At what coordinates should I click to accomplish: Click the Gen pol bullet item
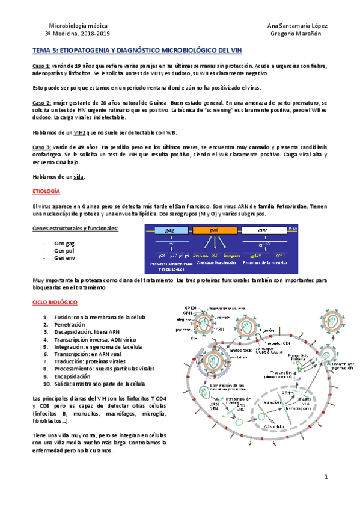coord(64,250)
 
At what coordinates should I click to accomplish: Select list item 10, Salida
coord(94,384)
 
